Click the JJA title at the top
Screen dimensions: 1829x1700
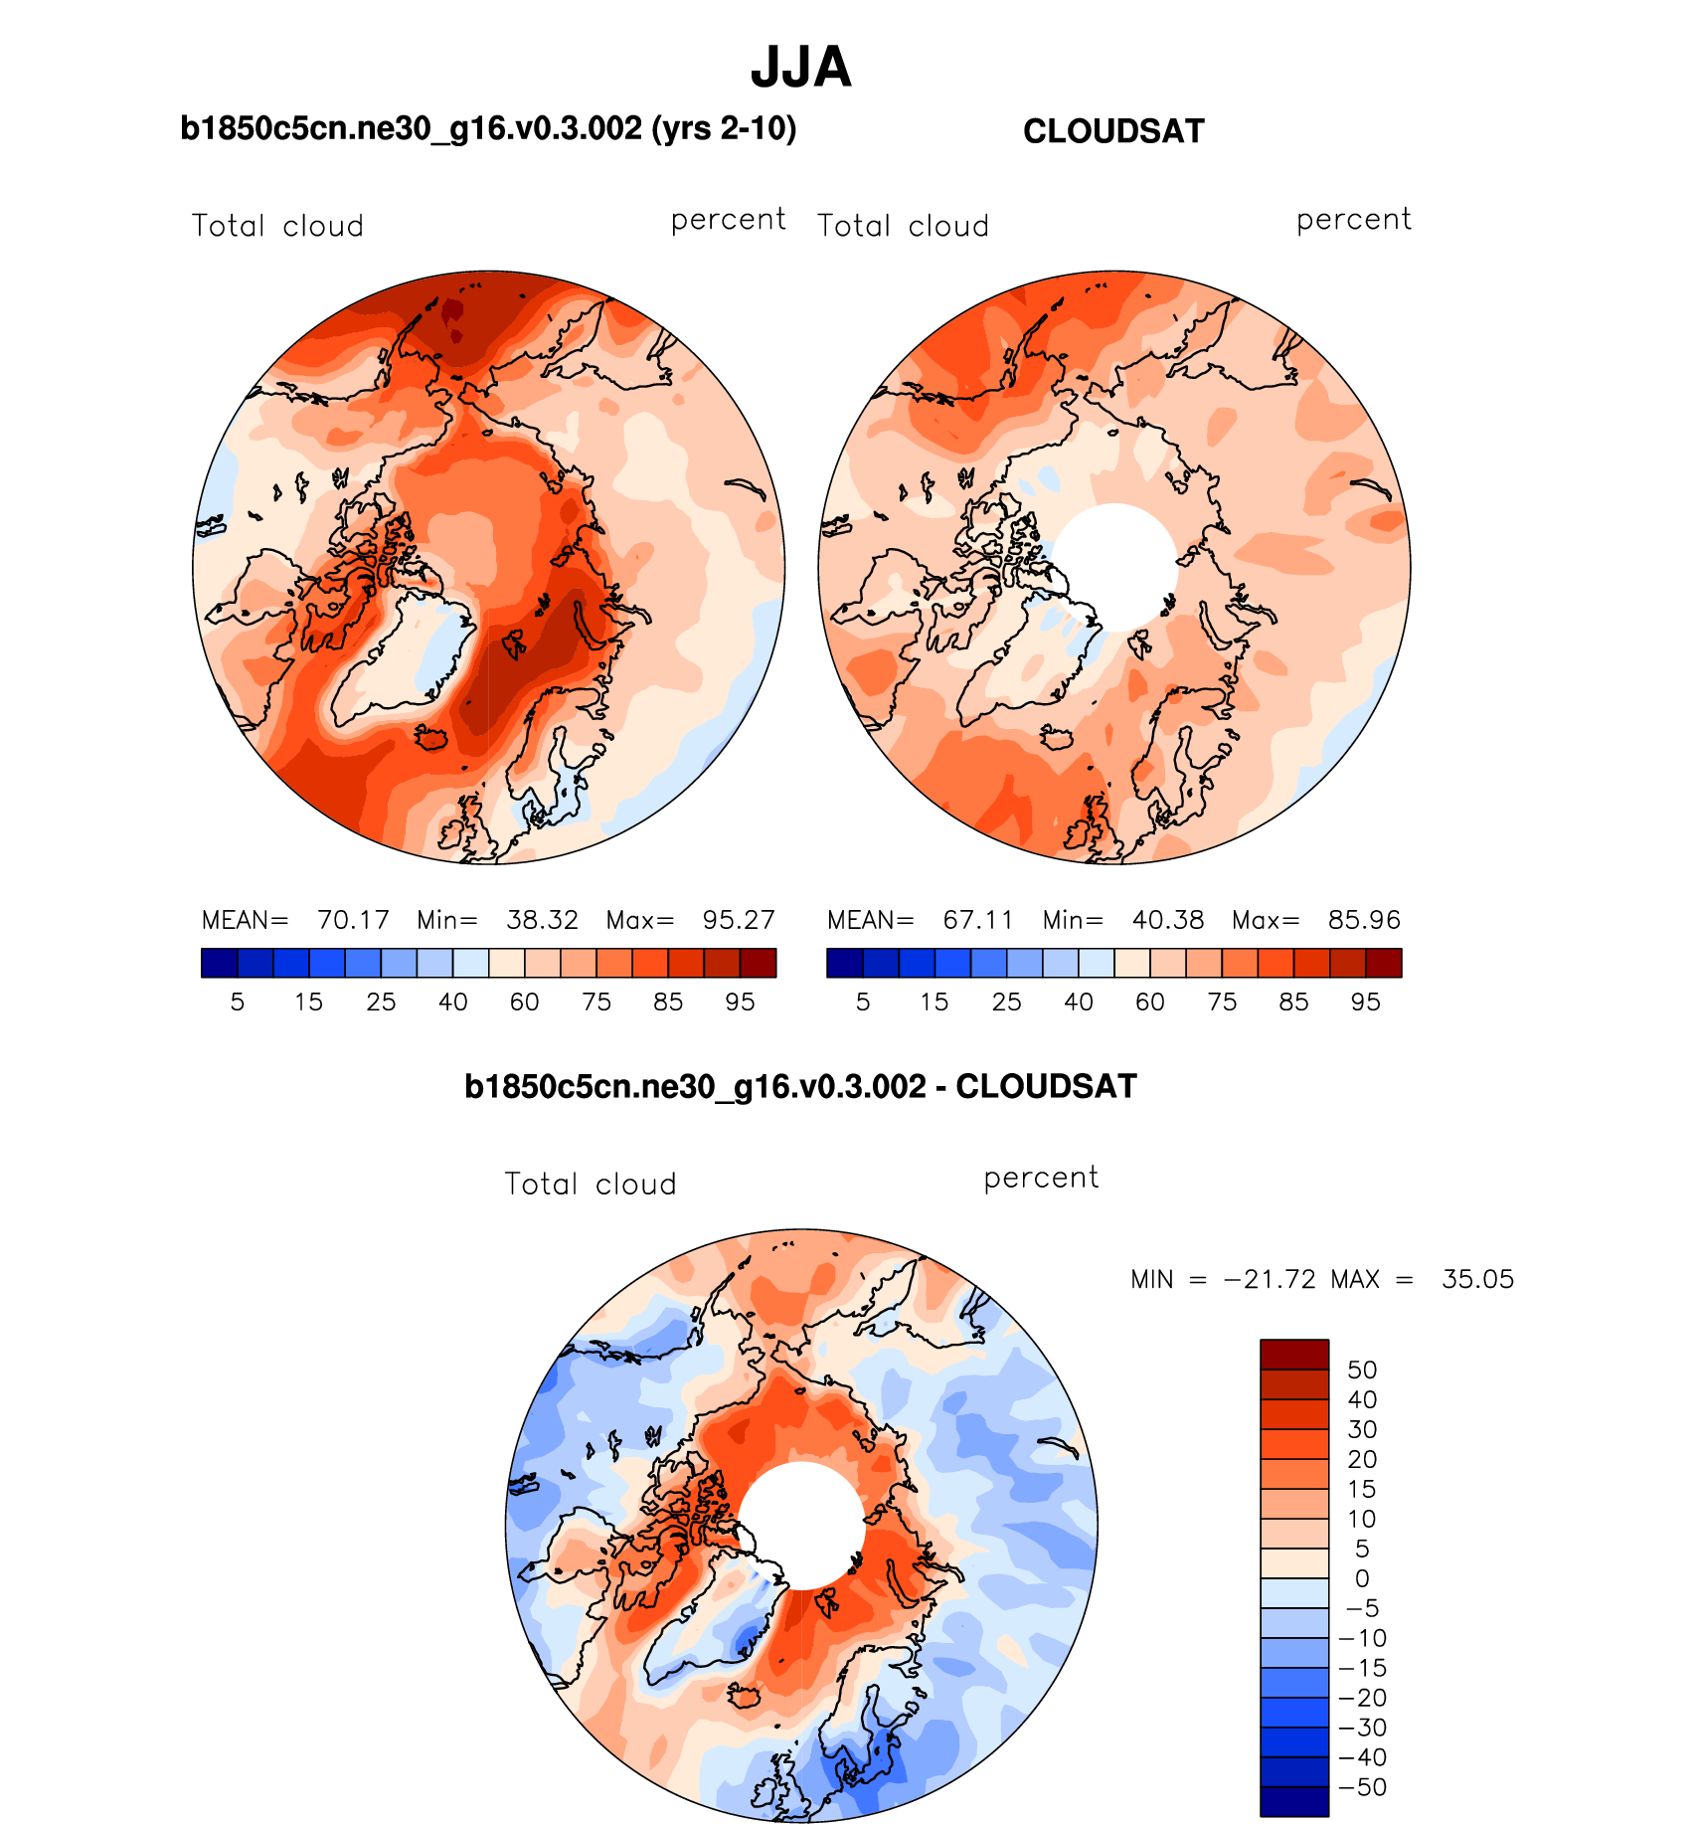[800, 68]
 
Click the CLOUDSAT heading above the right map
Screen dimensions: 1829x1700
[1113, 131]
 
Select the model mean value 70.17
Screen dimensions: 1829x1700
[353, 920]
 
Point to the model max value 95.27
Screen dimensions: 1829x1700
[739, 920]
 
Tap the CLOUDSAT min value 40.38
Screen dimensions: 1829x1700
[1167, 920]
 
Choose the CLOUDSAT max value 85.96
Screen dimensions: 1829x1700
[1364, 920]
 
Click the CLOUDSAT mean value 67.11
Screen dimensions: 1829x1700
[978, 920]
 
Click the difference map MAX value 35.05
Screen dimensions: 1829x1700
[1477, 1279]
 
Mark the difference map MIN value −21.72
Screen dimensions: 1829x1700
[1270, 1279]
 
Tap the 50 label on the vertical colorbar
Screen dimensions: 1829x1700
[1362, 1370]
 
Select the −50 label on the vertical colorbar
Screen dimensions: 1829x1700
[1362, 1787]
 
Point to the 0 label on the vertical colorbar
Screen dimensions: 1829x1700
[1362, 1578]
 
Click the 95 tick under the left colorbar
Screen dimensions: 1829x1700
[740, 1003]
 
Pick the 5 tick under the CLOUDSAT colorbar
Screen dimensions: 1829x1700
[863, 1003]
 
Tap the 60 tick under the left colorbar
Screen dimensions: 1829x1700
[524, 1003]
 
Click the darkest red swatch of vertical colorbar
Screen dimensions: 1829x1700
[1294, 1355]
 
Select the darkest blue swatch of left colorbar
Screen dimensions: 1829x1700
[219, 963]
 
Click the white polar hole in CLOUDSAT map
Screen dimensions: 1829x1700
[1114, 567]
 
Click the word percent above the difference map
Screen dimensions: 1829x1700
[1041, 1178]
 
